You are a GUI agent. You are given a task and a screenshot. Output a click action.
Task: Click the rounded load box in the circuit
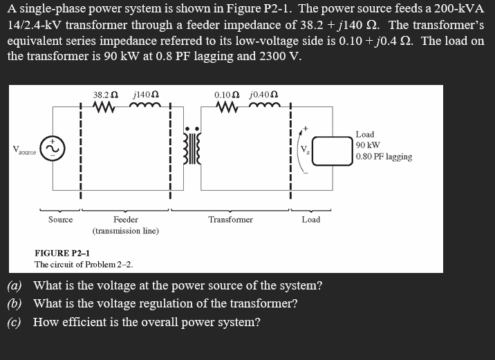[x=332, y=151]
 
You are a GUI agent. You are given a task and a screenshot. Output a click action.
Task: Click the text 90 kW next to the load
[x=368, y=145]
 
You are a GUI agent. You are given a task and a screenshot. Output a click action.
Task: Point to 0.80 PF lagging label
[x=384, y=157]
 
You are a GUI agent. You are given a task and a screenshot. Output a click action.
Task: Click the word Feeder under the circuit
[x=126, y=220]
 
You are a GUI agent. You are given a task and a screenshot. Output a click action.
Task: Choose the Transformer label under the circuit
[x=230, y=220]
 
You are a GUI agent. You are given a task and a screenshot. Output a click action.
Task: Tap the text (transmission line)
[x=126, y=231]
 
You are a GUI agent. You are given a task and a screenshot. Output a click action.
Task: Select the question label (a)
[x=15, y=285]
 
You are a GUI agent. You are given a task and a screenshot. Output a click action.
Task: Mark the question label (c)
[x=14, y=322]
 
